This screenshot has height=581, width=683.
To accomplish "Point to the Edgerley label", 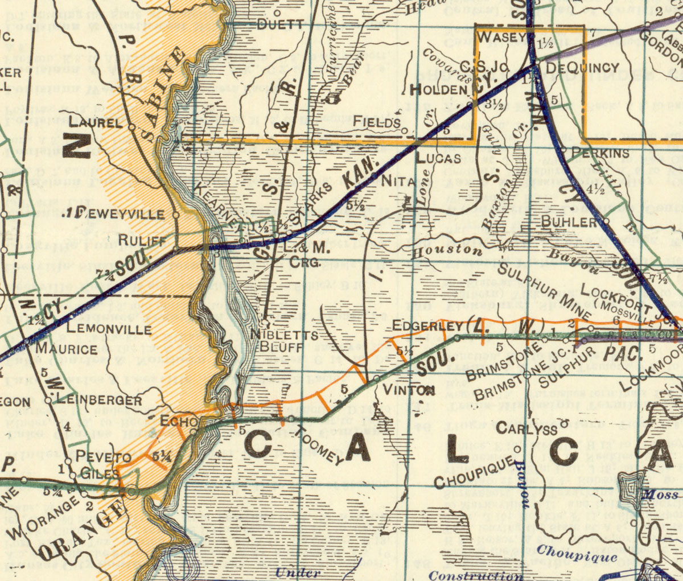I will point(428,327).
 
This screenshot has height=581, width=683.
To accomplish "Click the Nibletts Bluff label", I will point(285,340).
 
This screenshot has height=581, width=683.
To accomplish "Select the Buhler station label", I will point(569,221).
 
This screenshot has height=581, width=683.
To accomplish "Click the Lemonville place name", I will point(109,329).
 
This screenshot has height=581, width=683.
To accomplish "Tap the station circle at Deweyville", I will point(176,215).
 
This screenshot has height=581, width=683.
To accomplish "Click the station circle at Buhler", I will point(606,221).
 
